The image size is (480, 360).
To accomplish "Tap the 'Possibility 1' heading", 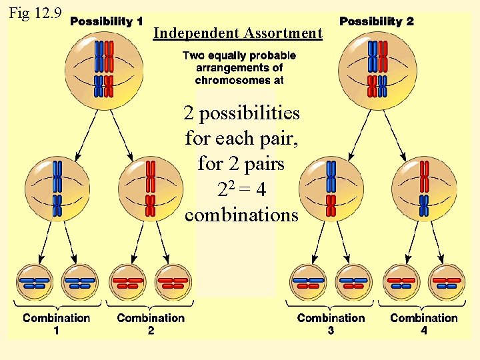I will (x=107, y=21).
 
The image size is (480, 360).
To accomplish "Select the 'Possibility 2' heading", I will (x=377, y=21).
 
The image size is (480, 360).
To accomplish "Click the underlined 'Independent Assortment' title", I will (x=237, y=33).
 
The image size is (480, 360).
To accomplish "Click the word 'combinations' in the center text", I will (x=241, y=216).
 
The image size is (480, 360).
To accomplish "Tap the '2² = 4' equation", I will (x=241, y=190).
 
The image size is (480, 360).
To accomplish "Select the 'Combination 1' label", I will (x=57, y=323).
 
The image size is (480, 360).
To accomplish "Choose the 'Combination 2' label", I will (x=151, y=323).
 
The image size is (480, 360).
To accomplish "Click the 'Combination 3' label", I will (x=331, y=323).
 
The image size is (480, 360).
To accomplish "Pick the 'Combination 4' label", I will (x=424, y=323).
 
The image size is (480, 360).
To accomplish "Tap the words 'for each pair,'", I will (x=241, y=139).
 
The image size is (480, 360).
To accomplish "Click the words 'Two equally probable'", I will (x=239, y=56).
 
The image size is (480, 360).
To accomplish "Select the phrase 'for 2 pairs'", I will (x=241, y=164).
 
